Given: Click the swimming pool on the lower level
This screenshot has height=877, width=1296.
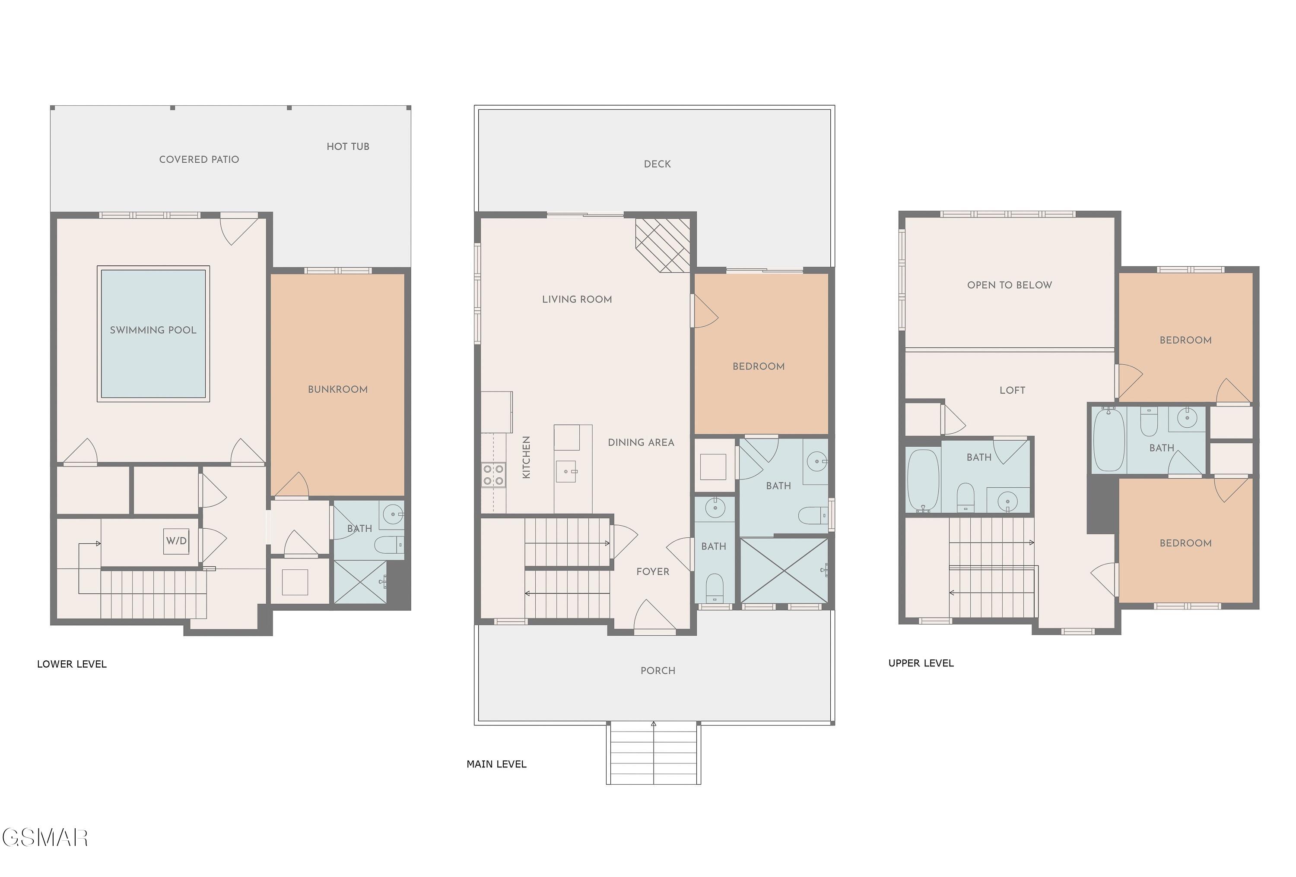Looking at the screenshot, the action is pos(153,333).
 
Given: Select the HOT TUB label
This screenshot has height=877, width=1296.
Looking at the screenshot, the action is pos(348,147).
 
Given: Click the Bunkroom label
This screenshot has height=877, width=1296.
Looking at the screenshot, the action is pos(338,389).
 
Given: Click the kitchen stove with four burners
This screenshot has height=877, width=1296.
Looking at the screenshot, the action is pos(493,475).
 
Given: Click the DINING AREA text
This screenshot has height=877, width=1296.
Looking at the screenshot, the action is pos(641,442).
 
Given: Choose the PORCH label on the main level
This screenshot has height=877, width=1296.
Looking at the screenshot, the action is pos(658,671).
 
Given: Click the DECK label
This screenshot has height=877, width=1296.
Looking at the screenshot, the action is pos(658,164).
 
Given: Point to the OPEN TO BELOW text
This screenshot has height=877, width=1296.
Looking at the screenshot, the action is pos(1009,285).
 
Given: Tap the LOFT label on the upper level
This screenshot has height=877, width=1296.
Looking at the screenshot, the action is pos(1012,391).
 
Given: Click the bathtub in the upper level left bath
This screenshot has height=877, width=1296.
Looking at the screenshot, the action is pos(924,480).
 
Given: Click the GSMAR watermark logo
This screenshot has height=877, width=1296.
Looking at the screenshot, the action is pos(44,837).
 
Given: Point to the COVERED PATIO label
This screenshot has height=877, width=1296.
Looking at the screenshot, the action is pos(199,159).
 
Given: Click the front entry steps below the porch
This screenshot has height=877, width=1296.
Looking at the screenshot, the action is pos(654,753).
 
